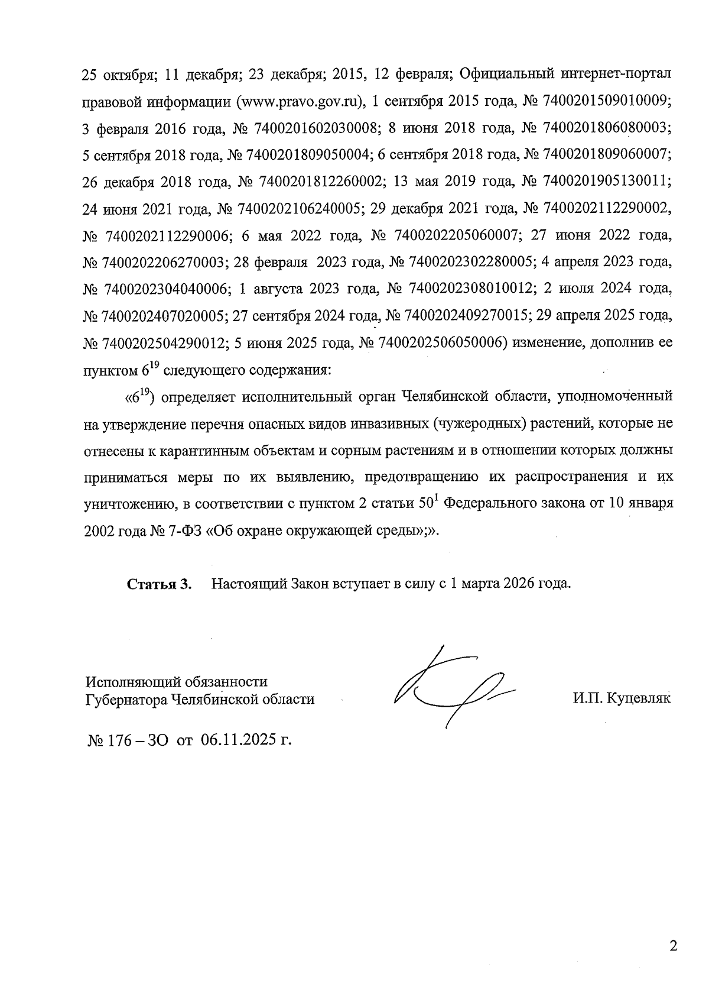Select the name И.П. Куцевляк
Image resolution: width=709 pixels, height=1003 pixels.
pos(621,699)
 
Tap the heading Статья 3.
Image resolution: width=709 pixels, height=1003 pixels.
pos(160,584)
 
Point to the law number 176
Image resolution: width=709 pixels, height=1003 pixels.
pos(112,740)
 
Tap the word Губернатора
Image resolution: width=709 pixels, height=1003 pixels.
pos(126,699)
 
